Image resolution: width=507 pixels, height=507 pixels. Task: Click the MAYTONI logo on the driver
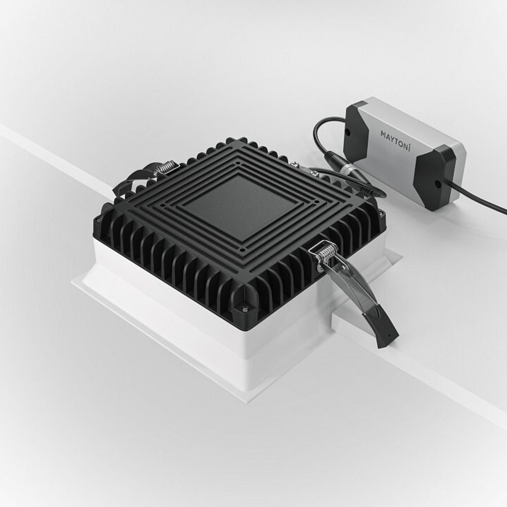[395, 138]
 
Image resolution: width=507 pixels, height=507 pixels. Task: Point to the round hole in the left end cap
[348, 132]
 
